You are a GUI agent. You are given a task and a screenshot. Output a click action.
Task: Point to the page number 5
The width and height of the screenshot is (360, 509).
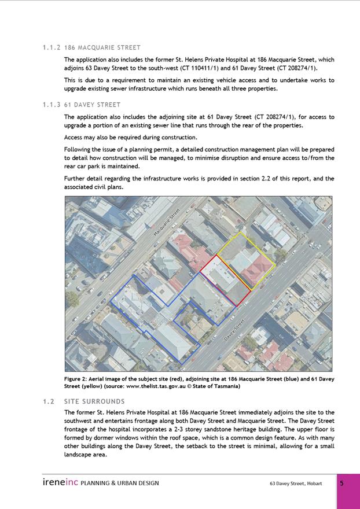[x=342, y=484]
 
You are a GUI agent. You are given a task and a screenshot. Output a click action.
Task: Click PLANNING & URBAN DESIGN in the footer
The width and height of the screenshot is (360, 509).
[x=120, y=484]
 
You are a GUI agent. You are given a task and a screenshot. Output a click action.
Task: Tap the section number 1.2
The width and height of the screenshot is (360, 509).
[x=49, y=401]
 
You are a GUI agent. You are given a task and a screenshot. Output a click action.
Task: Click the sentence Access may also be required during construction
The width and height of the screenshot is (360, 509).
[x=131, y=138]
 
